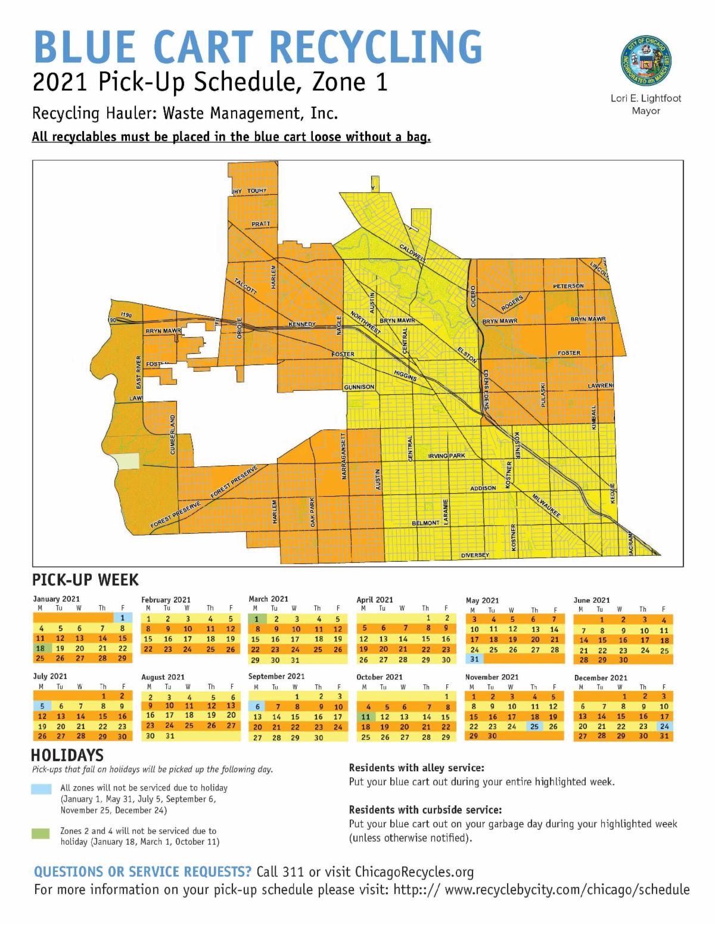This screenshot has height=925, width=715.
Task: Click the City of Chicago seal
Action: point(646,62)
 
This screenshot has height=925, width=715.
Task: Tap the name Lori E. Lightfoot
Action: point(646,98)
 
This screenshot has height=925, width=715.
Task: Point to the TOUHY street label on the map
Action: point(257,191)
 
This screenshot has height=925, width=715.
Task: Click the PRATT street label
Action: point(260,224)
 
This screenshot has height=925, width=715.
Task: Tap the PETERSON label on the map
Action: point(568,286)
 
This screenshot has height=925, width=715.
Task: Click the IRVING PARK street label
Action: point(446,456)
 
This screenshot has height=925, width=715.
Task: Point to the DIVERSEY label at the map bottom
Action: point(475,555)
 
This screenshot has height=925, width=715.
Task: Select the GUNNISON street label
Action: point(359,387)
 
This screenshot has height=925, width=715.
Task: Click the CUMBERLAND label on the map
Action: point(173,434)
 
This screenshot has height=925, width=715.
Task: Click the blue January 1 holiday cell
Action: point(122,618)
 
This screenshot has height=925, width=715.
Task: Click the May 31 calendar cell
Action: point(474,659)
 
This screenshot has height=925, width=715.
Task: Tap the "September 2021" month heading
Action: point(276,676)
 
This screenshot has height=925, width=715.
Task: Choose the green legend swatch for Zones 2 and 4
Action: point(41,833)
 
